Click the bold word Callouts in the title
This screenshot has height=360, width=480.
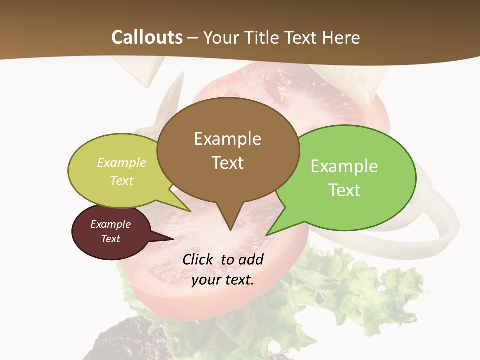(x=147, y=37)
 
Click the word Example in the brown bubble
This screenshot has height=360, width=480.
(x=227, y=139)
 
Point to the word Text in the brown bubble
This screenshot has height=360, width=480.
(x=227, y=162)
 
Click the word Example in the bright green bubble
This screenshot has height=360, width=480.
(x=344, y=166)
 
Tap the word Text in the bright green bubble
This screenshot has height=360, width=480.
(x=344, y=190)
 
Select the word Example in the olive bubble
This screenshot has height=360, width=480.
(x=122, y=162)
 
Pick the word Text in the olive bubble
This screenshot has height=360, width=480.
(x=122, y=180)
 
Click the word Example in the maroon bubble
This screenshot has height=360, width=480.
(x=110, y=224)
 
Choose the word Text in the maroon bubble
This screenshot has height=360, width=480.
(x=110, y=239)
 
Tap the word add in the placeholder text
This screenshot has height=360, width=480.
(x=251, y=259)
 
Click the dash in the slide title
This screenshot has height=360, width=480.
(x=193, y=38)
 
